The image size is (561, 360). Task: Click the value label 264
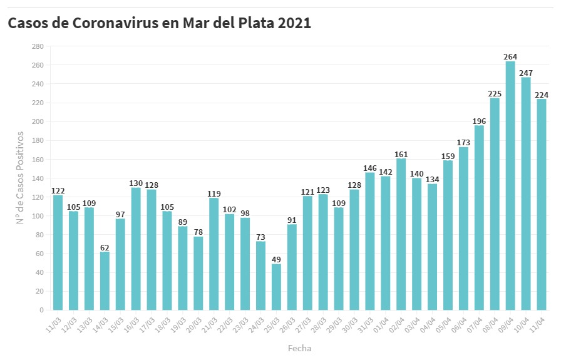click(510, 57)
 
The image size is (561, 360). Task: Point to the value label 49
click(276, 259)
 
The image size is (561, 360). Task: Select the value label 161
click(401, 154)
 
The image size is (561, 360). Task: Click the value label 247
click(526, 73)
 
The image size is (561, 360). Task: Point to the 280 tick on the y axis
click(38, 46)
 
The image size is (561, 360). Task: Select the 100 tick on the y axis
click(38, 216)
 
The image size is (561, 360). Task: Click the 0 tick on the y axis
click(41, 310)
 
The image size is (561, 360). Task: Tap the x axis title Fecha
click(299, 348)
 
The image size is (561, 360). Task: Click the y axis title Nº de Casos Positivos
click(20, 178)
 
